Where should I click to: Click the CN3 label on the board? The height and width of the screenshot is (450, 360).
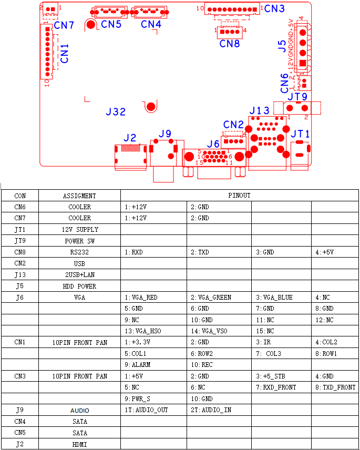(x=274, y=9)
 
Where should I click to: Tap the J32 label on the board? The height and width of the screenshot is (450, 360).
(x=116, y=111)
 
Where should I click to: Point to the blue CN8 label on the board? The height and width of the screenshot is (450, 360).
(x=230, y=44)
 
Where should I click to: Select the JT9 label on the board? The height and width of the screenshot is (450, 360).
(x=297, y=97)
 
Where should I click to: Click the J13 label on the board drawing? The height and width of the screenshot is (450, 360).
(x=260, y=111)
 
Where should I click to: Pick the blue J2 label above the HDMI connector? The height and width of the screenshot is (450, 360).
(x=130, y=138)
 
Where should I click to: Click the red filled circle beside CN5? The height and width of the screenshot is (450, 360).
(x=91, y=25)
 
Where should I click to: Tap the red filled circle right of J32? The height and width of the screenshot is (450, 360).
(x=151, y=107)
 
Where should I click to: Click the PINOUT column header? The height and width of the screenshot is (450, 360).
(x=240, y=196)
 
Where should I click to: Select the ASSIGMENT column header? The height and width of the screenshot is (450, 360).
(x=80, y=196)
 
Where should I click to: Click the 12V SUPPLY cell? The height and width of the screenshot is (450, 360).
(x=80, y=230)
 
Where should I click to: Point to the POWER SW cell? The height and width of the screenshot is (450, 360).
(x=80, y=241)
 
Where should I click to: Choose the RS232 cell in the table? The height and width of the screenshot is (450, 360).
(x=80, y=252)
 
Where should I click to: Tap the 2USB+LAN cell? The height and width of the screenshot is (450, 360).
(x=80, y=275)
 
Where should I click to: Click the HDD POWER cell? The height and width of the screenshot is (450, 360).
(x=80, y=287)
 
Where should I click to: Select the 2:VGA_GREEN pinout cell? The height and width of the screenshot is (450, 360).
(x=211, y=298)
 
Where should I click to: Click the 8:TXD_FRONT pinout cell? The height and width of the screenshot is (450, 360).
(x=335, y=387)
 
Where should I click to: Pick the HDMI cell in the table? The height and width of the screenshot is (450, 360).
(x=80, y=444)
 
